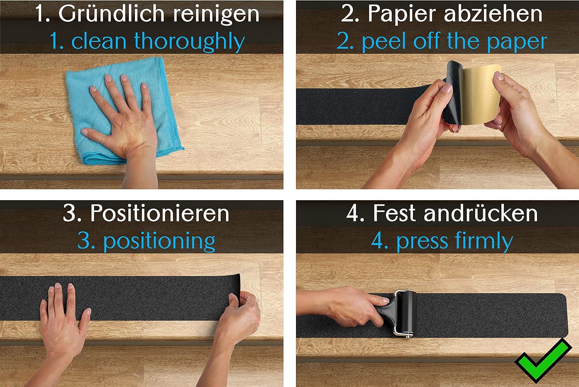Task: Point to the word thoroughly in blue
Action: click(189, 41)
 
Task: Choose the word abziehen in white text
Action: click(493, 14)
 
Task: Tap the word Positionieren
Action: click(160, 213)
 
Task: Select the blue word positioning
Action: click(159, 242)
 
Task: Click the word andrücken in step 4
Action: click(481, 213)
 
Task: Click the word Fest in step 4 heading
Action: click(394, 213)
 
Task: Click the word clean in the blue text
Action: click(99, 41)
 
